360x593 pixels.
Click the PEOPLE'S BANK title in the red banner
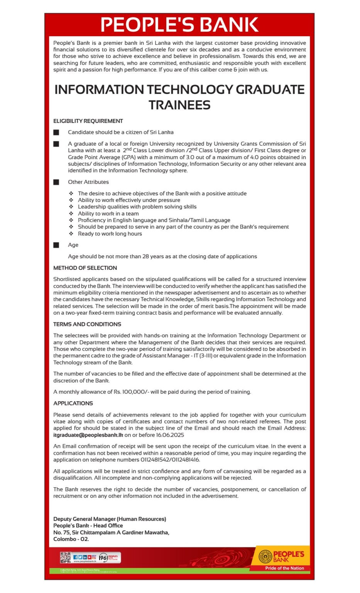[x=179, y=25]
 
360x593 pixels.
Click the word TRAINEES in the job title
[x=179, y=105]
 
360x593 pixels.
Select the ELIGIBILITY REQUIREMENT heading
[x=88, y=121]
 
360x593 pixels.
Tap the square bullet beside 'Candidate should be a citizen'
[x=56, y=132]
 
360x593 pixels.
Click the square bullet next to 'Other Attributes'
[x=56, y=182]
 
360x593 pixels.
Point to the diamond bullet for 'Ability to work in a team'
[x=71, y=213]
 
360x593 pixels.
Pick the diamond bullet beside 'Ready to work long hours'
[x=71, y=234]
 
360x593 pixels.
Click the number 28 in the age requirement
[x=146, y=256]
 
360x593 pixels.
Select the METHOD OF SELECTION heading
[x=85, y=268]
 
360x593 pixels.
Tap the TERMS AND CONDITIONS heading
[x=87, y=324]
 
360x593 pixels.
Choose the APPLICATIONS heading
[x=73, y=403]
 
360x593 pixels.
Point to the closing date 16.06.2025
[x=170, y=435]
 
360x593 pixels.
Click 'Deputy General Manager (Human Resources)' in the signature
[x=110, y=519]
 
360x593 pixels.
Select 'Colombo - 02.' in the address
[x=71, y=539]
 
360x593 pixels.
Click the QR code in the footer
[x=65, y=557]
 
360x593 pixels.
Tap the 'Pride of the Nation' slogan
[x=284, y=568]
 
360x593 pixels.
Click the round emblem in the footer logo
[x=265, y=557]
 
